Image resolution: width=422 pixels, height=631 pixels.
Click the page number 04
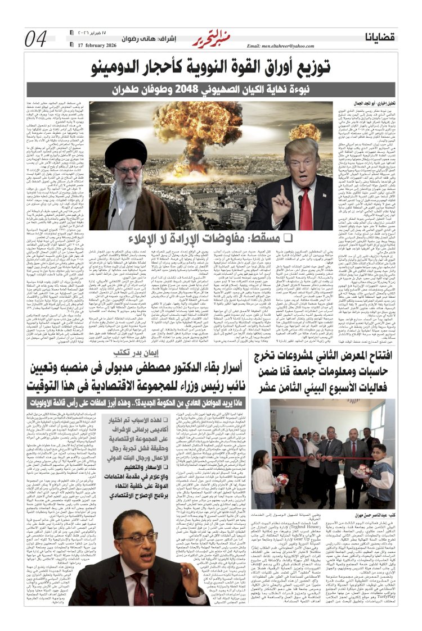point(36,39)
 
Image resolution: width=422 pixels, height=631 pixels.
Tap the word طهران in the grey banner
point(127,89)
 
